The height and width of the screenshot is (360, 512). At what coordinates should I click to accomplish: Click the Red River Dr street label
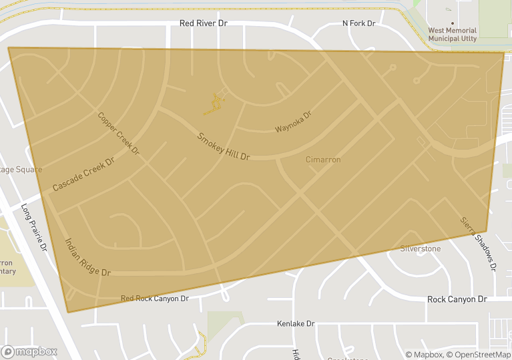coord(204,23)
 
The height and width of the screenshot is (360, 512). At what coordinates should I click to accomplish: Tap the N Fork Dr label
coord(359,23)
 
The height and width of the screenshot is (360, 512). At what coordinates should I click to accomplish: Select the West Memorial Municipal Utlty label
coord(453,34)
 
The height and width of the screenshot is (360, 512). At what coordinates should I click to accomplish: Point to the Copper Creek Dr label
coord(118,134)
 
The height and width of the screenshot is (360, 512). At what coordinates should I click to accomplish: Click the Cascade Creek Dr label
coord(83,174)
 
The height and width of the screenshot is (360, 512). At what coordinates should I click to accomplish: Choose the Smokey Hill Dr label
coord(223,147)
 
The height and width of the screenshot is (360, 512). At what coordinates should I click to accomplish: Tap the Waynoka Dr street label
coord(294,122)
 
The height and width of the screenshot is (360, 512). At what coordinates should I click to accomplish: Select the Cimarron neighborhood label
coord(323,160)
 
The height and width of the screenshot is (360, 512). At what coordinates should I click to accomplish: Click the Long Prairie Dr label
coord(35,228)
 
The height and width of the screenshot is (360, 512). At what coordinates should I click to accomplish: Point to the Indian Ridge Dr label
coord(87,258)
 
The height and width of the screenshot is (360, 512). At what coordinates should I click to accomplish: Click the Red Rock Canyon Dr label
coord(155,299)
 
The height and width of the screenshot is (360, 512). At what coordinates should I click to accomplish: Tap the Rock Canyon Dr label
coord(457,299)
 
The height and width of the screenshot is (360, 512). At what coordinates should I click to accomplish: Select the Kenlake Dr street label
coord(296,324)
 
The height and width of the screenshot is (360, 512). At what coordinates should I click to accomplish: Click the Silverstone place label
coord(421,249)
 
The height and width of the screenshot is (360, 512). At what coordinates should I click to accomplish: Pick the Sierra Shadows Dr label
coord(479,243)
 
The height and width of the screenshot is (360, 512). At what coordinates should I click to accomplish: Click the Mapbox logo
coord(30,351)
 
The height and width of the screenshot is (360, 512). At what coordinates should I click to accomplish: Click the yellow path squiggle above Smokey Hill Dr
coord(215,104)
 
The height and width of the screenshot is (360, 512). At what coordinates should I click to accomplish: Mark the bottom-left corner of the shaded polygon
coord(68,312)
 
